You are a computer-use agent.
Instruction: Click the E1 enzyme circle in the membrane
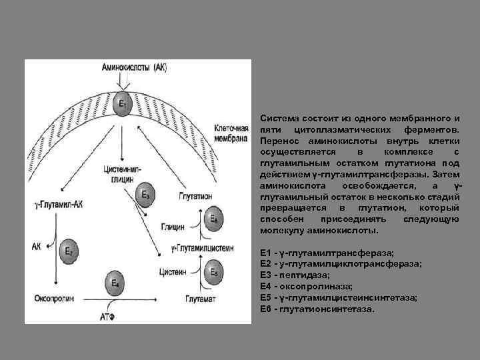point(121,105)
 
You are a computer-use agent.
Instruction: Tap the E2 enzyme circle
point(69,251)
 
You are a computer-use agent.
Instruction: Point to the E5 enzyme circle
point(213,272)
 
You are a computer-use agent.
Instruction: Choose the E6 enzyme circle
point(213,219)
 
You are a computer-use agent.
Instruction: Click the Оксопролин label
point(54,297)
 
